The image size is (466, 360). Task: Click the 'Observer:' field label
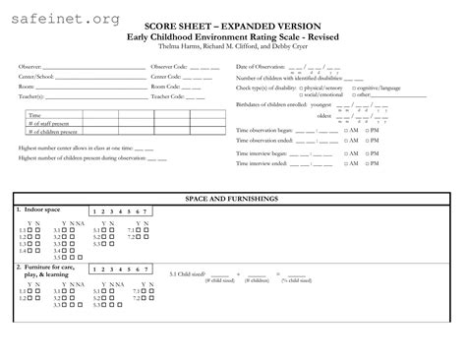point(29,67)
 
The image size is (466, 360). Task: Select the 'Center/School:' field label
point(34,76)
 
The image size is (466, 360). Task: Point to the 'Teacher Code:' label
point(167,96)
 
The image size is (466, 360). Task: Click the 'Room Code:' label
point(165,87)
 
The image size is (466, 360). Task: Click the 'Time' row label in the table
point(35,115)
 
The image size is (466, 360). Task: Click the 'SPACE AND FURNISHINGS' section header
point(233,199)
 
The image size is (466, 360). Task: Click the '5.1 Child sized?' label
point(187,274)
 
